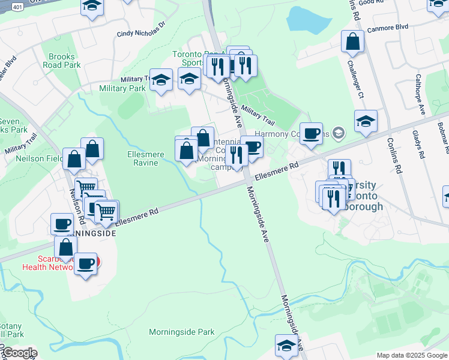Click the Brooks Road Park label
pos(65,61)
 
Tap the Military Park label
pos(124,88)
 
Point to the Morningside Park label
pos(181,332)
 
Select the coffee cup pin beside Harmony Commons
pos(311,134)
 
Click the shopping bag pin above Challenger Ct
pos(353,42)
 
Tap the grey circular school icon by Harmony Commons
pos(339,132)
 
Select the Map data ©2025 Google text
pos(412,355)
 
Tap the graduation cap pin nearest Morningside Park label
pos(286,346)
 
